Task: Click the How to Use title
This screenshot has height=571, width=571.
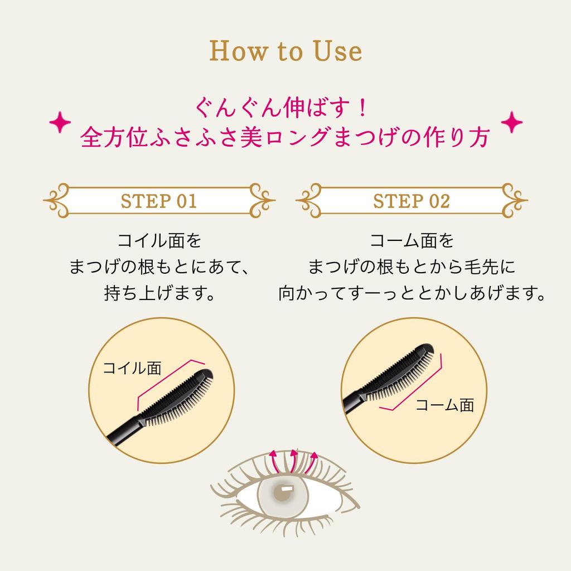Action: tap(285, 51)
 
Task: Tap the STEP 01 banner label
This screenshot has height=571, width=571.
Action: tap(159, 201)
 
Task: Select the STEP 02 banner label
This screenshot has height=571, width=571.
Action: tap(412, 201)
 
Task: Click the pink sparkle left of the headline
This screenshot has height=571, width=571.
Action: tap(60, 122)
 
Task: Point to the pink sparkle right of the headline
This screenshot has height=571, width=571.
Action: tap(512, 122)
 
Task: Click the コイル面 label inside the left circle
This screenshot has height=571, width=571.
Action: tap(132, 368)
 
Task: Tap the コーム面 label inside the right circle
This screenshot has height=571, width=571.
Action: tap(444, 405)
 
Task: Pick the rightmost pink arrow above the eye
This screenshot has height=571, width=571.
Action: tap(311, 462)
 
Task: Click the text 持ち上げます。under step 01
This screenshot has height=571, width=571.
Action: tap(159, 293)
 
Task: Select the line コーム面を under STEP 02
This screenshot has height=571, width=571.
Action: tap(412, 241)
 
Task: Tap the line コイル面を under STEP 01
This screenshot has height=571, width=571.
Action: tap(159, 241)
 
